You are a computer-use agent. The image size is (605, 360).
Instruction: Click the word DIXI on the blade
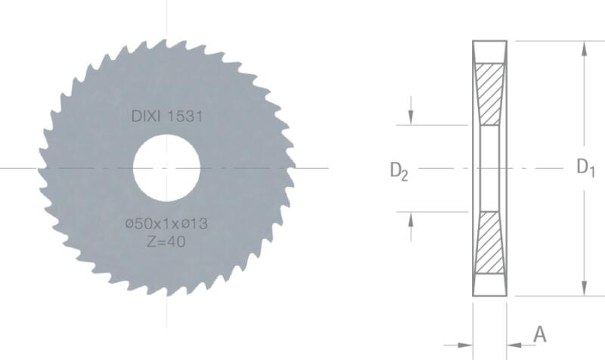pos(145,116)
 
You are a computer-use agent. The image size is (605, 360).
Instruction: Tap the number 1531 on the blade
pos(185,116)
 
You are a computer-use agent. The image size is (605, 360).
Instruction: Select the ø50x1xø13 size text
pos(166,223)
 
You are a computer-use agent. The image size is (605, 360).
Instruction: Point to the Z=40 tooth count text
pos(166,242)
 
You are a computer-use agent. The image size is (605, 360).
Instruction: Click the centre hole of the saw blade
pos(166,168)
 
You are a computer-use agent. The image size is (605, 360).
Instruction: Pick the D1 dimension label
pos(585,168)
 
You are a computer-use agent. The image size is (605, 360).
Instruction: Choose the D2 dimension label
pos(399,171)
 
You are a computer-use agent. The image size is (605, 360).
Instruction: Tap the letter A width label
pos(540,334)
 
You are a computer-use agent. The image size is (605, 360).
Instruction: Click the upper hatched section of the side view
pos(489,94)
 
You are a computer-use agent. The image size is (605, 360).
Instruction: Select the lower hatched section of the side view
pos(489,243)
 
